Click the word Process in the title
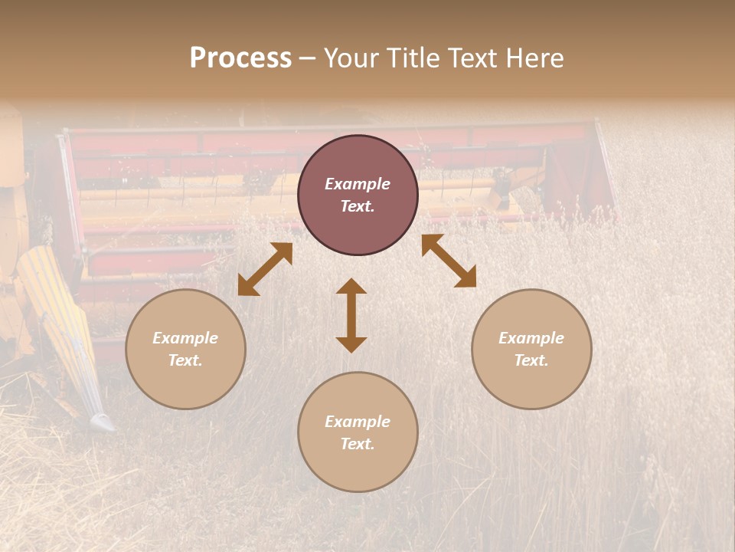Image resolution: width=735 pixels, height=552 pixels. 240,58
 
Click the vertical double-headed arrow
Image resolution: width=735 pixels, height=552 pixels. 351,315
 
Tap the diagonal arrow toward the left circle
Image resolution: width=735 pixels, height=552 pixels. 265,269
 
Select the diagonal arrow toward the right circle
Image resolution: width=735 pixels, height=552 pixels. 449,261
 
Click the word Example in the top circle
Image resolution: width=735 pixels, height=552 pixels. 358,184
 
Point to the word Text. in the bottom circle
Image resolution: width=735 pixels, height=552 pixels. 358,444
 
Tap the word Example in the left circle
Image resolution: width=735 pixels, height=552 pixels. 185,338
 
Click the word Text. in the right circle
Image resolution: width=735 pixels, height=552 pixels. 531,360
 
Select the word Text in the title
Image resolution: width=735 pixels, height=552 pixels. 474,58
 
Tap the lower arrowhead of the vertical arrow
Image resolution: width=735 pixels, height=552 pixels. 351,344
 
